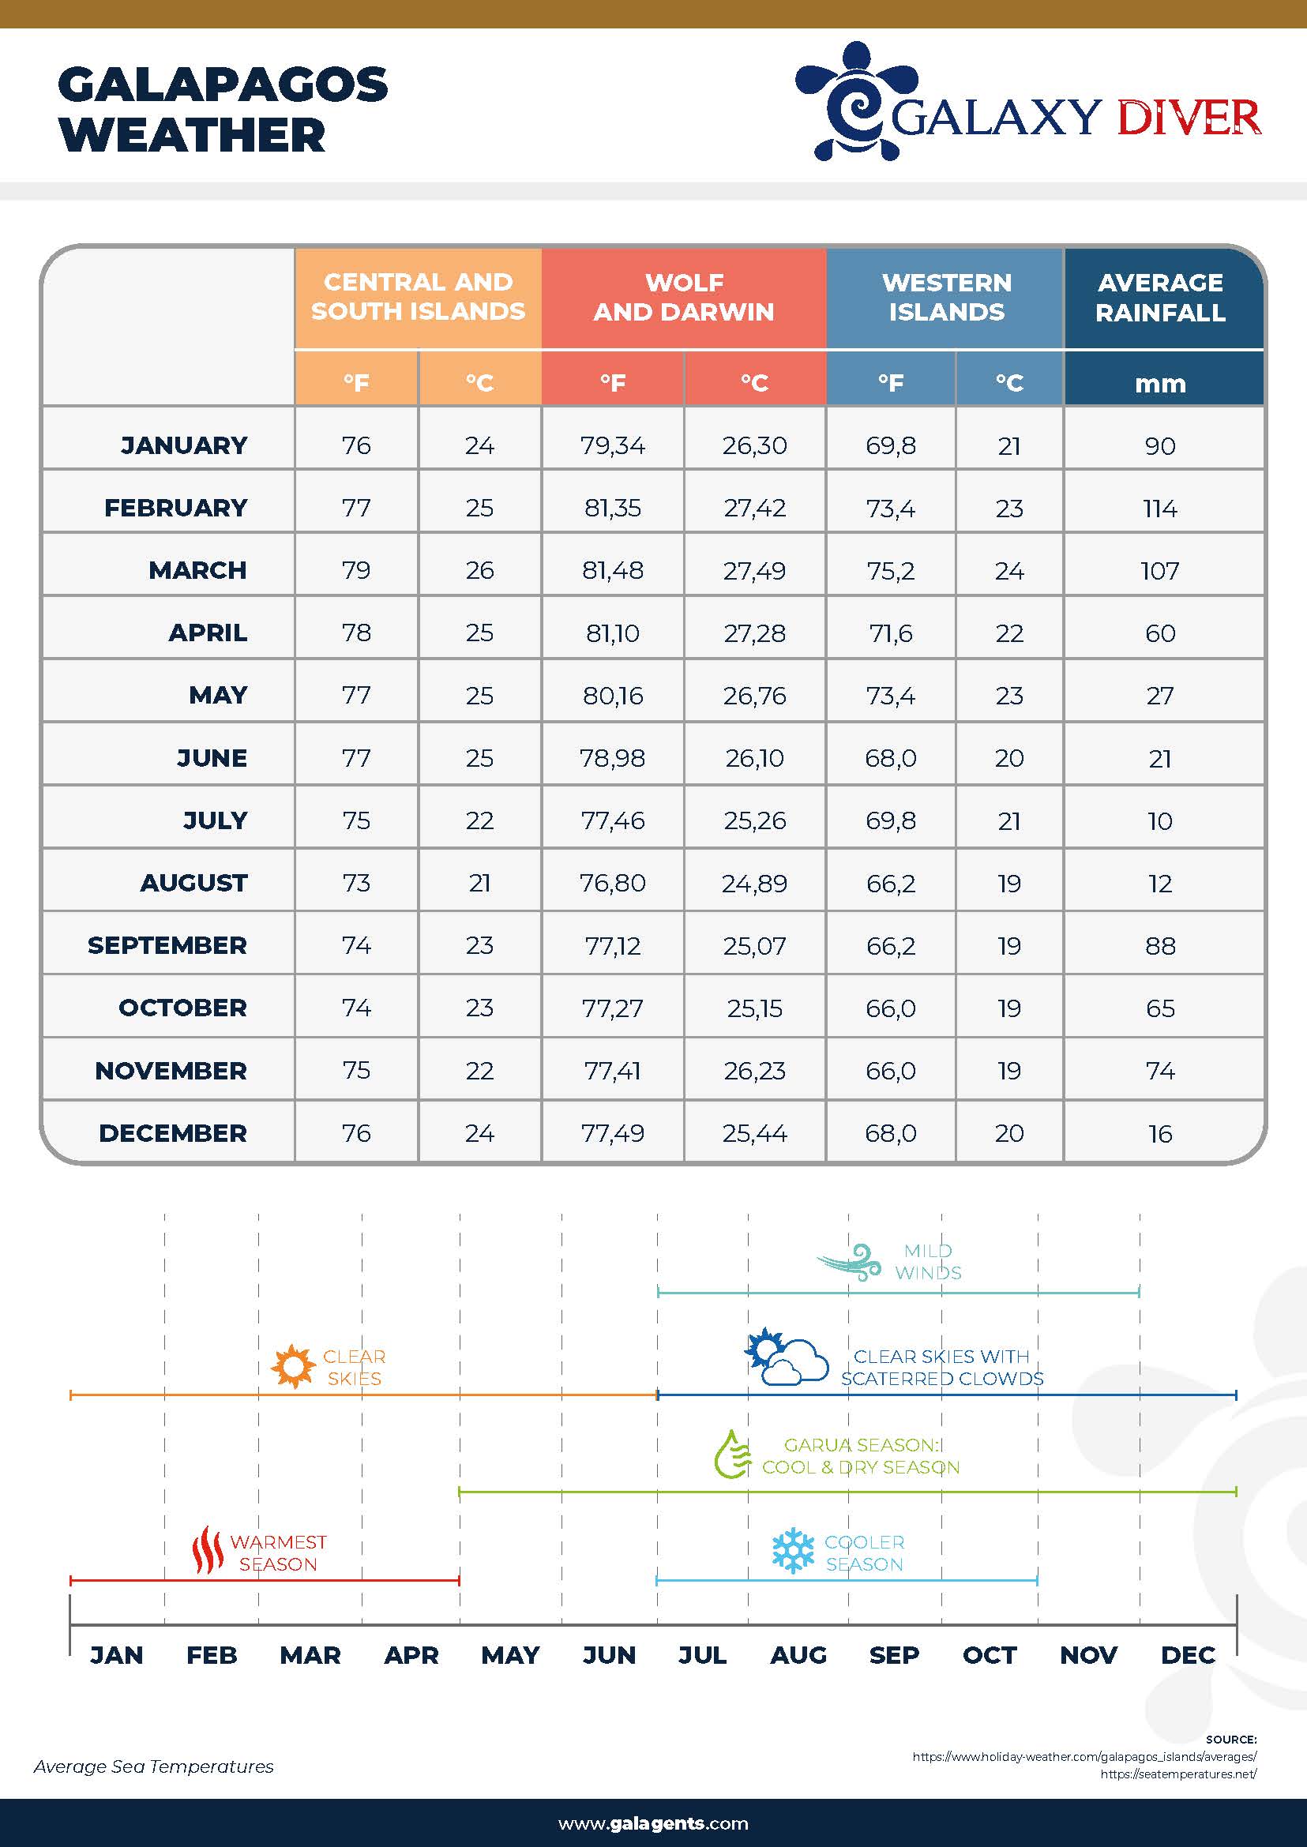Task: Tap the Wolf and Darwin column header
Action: coord(683,297)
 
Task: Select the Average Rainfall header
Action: coord(1160,297)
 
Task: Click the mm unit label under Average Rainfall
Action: coord(1160,383)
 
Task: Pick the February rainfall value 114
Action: coord(1160,508)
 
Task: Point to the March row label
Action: coord(197,570)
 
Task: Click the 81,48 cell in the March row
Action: coord(613,570)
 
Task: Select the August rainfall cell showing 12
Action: coord(1160,883)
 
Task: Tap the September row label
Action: coord(167,945)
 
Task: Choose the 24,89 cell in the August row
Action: coord(754,883)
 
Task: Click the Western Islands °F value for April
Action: coord(890,633)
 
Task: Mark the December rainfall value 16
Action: coord(1160,1133)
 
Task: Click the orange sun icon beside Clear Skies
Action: coord(293,1366)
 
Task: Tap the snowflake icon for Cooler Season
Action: coord(793,1550)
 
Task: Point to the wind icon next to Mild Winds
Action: coord(850,1261)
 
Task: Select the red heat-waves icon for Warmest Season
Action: coord(207,1549)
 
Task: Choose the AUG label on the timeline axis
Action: coord(798,1655)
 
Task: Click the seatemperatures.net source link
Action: coord(1177,1774)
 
